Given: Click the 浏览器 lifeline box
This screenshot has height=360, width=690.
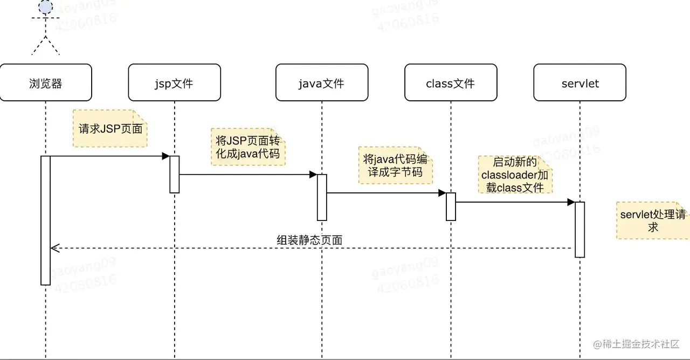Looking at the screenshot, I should coord(46,82).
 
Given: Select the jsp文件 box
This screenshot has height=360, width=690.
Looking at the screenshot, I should coord(174,82).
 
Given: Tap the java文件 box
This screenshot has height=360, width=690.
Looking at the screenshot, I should coord(322,82).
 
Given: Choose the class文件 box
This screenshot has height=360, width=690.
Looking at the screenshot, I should coord(451,82).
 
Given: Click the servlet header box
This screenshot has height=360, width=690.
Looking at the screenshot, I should coord(580,82).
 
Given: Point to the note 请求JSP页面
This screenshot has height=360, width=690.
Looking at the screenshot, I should coord(110,129).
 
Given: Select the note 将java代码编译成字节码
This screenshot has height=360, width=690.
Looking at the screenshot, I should coord(396,166).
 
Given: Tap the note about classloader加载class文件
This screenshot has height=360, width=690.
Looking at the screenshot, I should coord(516,175).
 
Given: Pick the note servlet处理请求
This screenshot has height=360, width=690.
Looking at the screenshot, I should coord(653,221).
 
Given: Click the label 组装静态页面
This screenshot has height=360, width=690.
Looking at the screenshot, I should coord(309,240).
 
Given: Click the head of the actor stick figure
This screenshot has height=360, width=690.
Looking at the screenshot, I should coord(46,6).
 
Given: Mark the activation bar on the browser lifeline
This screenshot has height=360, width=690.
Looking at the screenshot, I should coord(46,220).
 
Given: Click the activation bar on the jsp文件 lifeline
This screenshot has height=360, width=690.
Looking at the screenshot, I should coord(174,174).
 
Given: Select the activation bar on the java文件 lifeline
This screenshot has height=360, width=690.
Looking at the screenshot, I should coord(322,197).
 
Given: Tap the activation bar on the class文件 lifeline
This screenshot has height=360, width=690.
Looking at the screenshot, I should coord(451,206).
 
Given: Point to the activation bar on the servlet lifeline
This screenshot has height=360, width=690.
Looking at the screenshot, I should coord(580,230).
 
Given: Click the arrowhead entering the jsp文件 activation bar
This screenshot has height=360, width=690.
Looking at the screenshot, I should coord(166,156).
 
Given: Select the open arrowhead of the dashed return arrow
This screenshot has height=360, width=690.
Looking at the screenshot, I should coord(53,248).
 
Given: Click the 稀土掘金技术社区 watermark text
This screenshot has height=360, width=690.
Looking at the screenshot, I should coord(636,344).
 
